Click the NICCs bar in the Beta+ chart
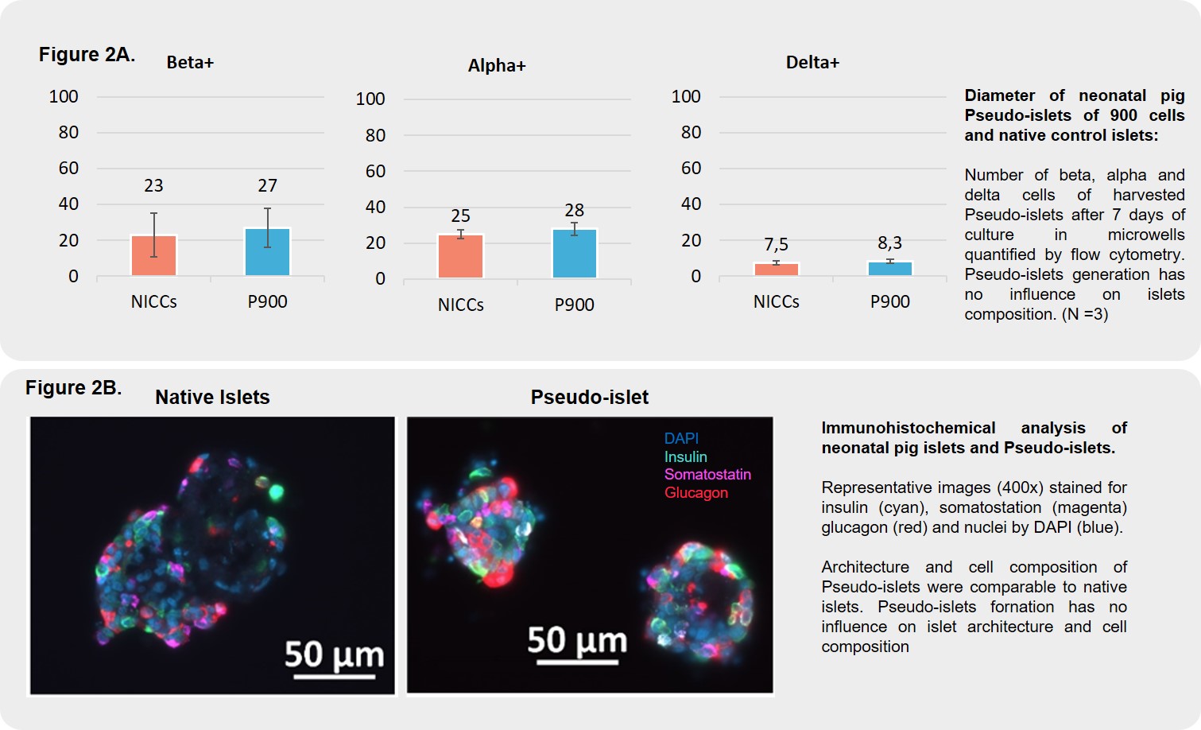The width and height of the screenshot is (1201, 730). [153, 256]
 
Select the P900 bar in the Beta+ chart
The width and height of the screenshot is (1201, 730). [267, 252]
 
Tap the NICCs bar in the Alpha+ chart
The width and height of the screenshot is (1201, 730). [460, 256]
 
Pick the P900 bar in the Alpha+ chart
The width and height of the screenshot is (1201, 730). [574, 254]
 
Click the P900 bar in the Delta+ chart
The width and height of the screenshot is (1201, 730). [889, 269]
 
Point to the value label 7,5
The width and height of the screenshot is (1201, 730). [776, 244]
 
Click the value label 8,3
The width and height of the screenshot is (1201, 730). [889, 243]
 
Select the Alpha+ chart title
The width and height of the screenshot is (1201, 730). [497, 66]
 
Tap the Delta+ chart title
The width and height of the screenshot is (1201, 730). [812, 63]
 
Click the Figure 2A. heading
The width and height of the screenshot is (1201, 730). [87, 54]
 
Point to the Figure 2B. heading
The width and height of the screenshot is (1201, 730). [73, 387]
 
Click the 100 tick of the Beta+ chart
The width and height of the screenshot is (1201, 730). [64, 97]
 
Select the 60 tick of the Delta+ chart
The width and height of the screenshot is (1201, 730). [691, 168]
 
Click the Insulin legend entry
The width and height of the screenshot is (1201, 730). [685, 456]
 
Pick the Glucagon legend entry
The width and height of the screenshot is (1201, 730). [695, 492]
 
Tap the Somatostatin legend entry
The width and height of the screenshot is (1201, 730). [707, 474]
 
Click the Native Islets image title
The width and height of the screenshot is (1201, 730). [212, 397]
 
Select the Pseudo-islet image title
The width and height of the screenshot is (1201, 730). [589, 397]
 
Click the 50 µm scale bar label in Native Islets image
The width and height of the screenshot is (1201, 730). [334, 654]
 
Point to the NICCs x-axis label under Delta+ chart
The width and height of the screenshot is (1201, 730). [776, 301]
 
